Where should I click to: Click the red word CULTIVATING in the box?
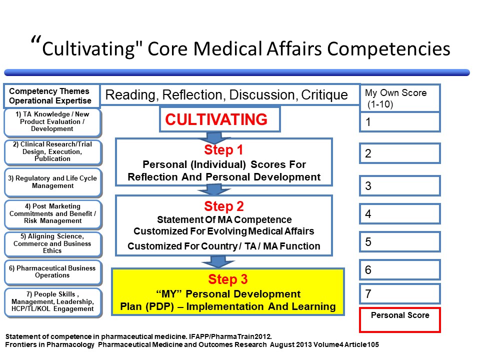[216, 120]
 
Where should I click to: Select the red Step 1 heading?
[224, 150]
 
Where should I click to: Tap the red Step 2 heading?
[224, 206]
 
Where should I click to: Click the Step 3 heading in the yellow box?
[227, 279]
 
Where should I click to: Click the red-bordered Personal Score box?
[399, 319]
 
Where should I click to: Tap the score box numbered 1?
[399, 121]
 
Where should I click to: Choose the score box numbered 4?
[399, 214]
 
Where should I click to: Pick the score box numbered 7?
[399, 293]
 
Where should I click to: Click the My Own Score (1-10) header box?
[399, 97]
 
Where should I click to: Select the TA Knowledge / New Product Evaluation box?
[53, 122]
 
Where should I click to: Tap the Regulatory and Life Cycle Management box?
[53, 182]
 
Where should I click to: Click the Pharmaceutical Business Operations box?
[53, 271]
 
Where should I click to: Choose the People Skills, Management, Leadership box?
[53, 302]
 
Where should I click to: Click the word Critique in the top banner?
[324, 95]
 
